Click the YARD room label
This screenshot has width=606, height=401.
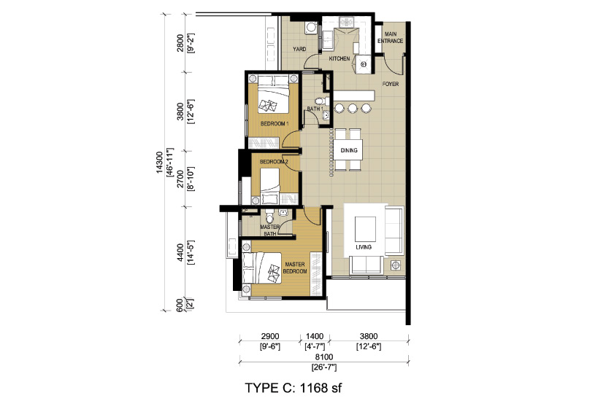[x=299, y=49]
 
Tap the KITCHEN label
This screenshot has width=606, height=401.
[x=340, y=58]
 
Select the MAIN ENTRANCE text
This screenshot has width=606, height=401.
[x=391, y=37]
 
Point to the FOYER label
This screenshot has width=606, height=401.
[x=391, y=84]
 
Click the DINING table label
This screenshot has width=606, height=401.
[x=349, y=150]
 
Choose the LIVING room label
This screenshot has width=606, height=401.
[x=364, y=247]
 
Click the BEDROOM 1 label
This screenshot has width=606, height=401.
[x=275, y=124]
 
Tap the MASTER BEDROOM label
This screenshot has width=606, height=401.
[x=295, y=268]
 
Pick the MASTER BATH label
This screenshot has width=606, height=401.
[x=269, y=230]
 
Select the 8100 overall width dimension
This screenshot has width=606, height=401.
[x=324, y=357]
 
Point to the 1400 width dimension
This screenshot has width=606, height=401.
[x=315, y=337]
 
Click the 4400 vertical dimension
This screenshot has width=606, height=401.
[x=180, y=252]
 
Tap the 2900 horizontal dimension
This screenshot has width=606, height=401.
[x=270, y=337]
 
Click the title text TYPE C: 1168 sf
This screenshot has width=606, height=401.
[x=294, y=388]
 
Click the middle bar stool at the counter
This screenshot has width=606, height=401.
[x=352, y=108]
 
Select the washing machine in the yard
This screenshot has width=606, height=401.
[x=311, y=28]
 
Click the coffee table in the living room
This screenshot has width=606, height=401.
[x=365, y=228]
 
